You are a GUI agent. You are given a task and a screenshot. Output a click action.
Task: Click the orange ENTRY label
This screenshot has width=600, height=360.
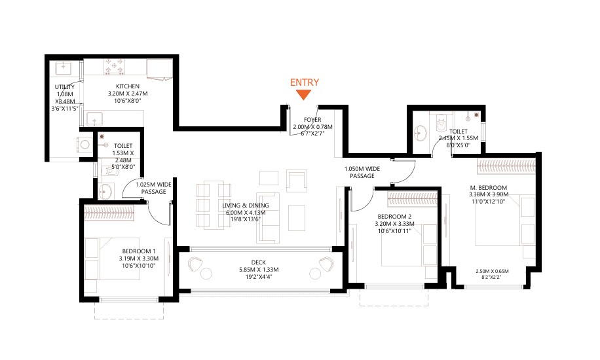[x=304, y=82]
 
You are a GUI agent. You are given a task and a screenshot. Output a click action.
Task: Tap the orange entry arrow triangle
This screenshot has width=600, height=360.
[x=304, y=94]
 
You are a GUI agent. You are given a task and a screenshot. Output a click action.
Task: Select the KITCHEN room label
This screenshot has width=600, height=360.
[x=128, y=86]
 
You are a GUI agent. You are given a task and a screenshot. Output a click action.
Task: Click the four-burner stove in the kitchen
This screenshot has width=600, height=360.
[x=115, y=67]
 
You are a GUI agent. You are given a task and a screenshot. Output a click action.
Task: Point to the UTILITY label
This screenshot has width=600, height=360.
[x=65, y=87]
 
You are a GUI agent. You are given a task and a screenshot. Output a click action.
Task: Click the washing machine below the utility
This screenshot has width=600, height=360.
[x=84, y=145]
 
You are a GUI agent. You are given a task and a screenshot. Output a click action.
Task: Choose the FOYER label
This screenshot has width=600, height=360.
[x=312, y=120]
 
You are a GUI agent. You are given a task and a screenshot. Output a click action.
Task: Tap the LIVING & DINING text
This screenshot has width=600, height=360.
[x=246, y=206]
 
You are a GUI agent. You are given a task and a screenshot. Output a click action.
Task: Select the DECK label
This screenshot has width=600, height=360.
[x=259, y=262]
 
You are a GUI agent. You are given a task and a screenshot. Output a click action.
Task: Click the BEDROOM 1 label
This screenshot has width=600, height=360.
[x=139, y=251]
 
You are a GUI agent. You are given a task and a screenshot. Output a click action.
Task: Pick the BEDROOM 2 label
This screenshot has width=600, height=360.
[x=394, y=217]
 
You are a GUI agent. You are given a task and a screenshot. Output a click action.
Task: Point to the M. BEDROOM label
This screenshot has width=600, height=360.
[x=488, y=187]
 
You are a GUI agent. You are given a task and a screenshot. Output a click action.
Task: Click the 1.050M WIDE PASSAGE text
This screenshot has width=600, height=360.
[x=362, y=172]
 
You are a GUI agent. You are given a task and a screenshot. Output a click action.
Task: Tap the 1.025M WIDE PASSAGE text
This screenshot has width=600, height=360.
[x=153, y=188]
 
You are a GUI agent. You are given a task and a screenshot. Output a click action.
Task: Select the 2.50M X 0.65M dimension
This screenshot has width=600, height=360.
[x=492, y=271]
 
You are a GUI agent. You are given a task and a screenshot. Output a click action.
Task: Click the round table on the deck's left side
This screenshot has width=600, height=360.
[x=206, y=274]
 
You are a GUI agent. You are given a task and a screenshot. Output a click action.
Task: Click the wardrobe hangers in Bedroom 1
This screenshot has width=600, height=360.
[x=109, y=213]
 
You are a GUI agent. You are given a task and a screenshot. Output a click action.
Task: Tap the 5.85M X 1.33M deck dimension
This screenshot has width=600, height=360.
[x=259, y=269]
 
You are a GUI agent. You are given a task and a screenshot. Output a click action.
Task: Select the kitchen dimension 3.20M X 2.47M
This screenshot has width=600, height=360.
[x=128, y=94]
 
